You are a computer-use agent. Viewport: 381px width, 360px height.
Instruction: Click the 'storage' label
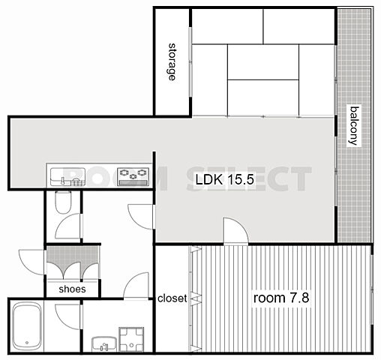click(172, 61)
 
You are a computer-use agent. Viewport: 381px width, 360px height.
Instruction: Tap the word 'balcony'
click(355, 126)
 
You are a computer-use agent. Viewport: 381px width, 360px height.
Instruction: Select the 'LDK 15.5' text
click(224, 179)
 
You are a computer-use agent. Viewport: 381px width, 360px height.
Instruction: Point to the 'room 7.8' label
click(281, 298)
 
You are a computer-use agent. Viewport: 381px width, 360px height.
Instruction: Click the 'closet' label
click(172, 298)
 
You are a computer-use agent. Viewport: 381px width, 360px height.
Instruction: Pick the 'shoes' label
click(72, 289)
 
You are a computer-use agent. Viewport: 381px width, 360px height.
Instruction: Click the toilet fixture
click(63, 202)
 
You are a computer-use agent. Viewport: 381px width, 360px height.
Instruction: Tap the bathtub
click(27, 326)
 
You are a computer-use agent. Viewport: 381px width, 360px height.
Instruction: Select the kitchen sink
click(67, 177)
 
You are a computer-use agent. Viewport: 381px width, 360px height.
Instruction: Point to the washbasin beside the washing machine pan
click(104, 343)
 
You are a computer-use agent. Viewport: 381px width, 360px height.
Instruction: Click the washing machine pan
click(131, 339)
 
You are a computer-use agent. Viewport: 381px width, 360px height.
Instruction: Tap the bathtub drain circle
click(27, 343)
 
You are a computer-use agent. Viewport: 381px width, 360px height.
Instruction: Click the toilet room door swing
click(69, 226)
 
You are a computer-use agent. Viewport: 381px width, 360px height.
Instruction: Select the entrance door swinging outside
click(32, 262)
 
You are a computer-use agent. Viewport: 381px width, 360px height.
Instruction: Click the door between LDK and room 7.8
click(235, 231)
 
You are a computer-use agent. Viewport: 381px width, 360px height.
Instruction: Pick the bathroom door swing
click(68, 316)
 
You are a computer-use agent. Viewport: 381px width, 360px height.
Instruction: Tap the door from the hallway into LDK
click(141, 217)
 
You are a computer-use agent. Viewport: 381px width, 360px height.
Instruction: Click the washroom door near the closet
click(136, 286)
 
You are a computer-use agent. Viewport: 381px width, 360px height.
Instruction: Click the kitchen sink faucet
click(63, 181)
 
